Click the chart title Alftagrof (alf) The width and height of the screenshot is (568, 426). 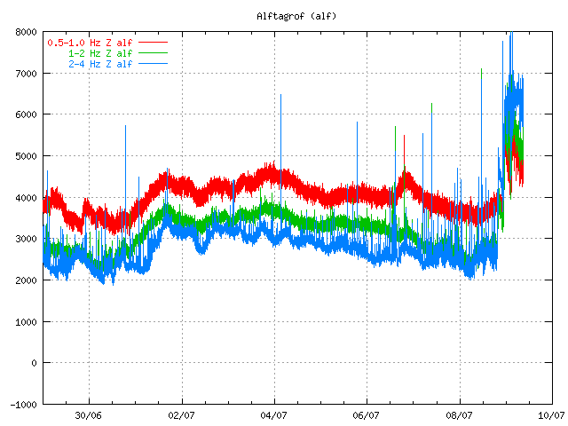point(296,16)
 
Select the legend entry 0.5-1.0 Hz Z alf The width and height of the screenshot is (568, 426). point(90,43)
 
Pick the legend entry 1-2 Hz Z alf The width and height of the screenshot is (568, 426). point(100,53)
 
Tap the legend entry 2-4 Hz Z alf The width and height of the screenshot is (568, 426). point(100,64)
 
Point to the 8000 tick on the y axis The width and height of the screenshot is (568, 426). point(26,32)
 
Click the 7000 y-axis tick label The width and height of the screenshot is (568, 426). point(26,74)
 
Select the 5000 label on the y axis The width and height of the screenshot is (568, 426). point(26,156)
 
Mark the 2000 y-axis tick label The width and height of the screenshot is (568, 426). point(26,280)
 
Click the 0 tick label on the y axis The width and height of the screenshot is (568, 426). point(34,363)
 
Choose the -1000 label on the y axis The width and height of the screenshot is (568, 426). point(24,405)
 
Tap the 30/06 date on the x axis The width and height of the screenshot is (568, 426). point(89,415)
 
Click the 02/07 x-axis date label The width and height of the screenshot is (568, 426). point(181,415)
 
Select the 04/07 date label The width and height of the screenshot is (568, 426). point(274,415)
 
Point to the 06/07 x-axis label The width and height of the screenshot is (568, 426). point(367,415)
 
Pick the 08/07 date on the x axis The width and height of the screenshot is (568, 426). point(460,415)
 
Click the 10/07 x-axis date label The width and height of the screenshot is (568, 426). point(552,415)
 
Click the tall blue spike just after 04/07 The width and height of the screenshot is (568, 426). point(280,145)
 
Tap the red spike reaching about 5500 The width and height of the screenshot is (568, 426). point(405,152)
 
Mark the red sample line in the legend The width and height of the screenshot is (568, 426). point(153,43)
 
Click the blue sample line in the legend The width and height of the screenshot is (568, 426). point(153,64)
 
